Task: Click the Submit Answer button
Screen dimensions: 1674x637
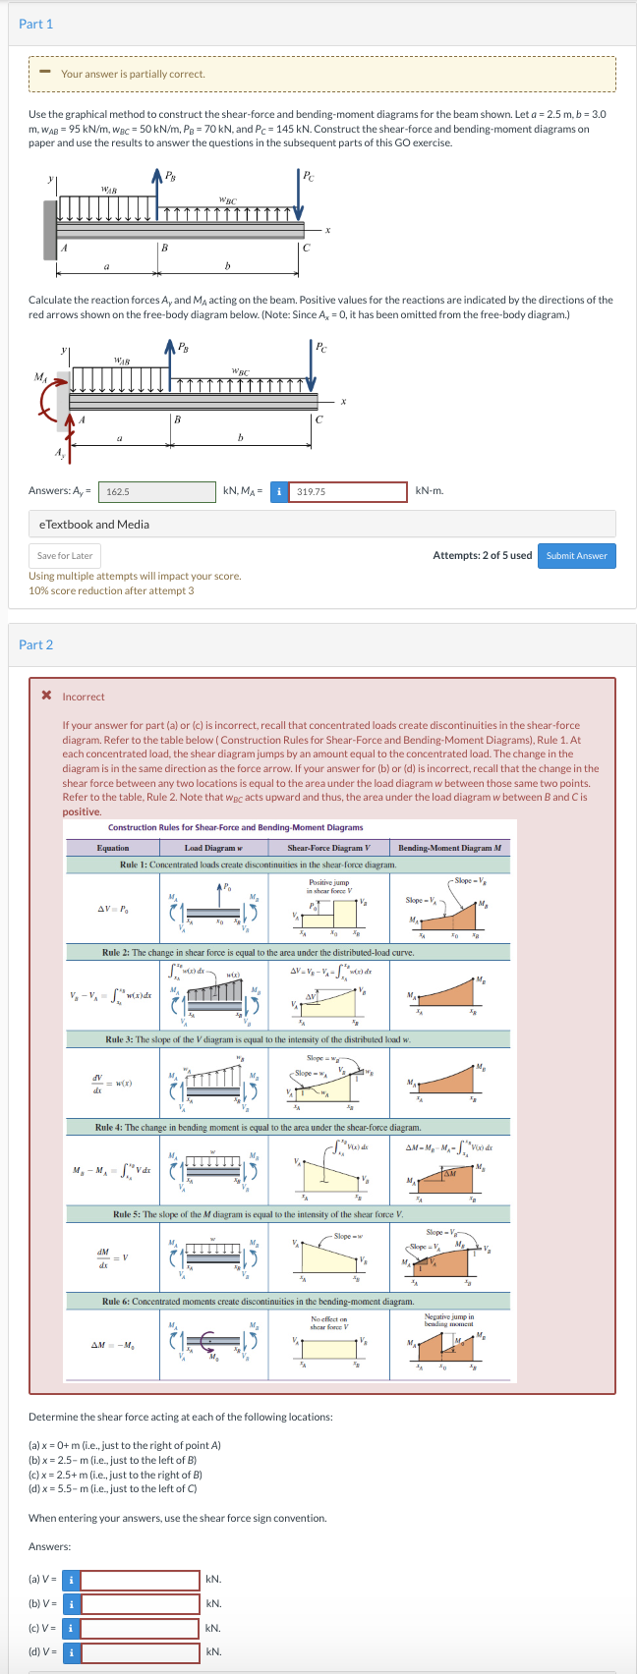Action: pos(576,555)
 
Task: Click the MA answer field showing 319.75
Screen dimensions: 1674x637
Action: pos(349,491)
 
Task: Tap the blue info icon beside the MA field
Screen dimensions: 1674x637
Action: pos(279,491)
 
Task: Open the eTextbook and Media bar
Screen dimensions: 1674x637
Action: pos(321,525)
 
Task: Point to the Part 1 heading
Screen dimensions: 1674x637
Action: pos(36,24)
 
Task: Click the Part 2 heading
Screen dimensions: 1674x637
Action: pos(36,644)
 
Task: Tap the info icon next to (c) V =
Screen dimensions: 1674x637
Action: pos(71,1628)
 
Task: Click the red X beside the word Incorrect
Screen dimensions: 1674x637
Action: pos(46,697)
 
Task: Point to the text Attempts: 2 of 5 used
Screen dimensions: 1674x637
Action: pos(482,555)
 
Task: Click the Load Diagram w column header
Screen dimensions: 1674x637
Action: pos(209,848)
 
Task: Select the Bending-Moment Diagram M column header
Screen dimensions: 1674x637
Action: pos(449,848)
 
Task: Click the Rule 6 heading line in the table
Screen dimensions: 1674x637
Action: pos(258,1302)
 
